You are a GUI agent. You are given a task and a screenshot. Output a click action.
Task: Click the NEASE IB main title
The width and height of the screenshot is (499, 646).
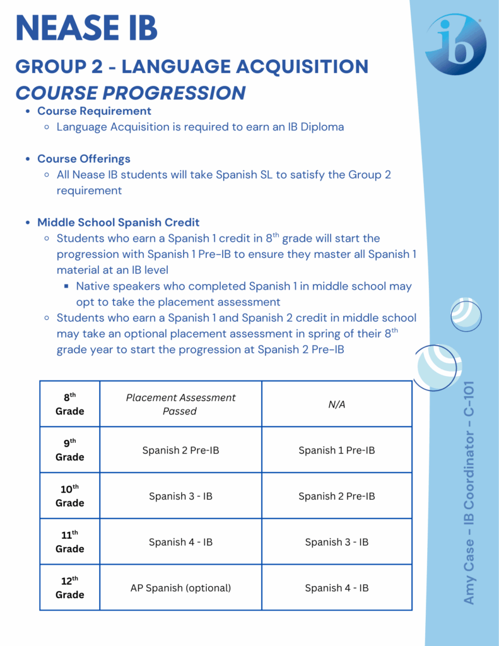[x=86, y=29]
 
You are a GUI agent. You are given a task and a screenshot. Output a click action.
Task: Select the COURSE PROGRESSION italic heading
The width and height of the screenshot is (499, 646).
[x=131, y=93]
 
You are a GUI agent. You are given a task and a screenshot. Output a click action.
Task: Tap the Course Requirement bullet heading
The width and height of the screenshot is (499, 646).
[x=94, y=111]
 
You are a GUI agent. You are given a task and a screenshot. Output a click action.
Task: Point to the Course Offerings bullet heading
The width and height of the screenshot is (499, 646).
[x=84, y=158]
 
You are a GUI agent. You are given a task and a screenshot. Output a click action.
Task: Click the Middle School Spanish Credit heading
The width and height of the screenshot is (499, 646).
[x=118, y=222]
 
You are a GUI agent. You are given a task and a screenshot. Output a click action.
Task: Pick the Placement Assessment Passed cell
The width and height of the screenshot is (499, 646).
[x=180, y=404]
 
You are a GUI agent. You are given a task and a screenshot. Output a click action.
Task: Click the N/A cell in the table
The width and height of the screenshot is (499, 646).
[x=337, y=404]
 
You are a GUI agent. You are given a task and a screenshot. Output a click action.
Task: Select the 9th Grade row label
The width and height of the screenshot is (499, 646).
[x=69, y=450]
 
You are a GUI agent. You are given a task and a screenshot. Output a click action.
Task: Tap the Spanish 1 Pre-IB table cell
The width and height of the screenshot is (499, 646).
[x=337, y=450]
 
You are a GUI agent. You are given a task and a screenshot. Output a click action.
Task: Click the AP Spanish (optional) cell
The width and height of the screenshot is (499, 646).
[x=180, y=588]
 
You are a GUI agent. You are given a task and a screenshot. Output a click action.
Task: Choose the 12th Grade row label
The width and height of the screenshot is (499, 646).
[x=69, y=587]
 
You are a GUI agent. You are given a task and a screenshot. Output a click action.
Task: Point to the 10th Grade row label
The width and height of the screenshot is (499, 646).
[x=69, y=496]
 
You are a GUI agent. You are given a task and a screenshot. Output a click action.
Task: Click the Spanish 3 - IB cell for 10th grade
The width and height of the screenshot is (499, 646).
[x=180, y=496]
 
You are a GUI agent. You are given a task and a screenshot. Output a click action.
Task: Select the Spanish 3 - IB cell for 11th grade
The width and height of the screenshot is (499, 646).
[x=337, y=542]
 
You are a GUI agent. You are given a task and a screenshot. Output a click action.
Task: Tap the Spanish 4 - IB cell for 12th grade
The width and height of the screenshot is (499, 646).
[x=337, y=588]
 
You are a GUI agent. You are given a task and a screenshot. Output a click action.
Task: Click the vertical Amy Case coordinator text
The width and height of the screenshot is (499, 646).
[x=469, y=492]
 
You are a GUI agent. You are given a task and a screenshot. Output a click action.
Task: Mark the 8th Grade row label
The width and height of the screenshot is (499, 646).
[x=69, y=404]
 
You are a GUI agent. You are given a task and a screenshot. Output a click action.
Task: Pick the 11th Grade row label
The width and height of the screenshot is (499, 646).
[x=69, y=541]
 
